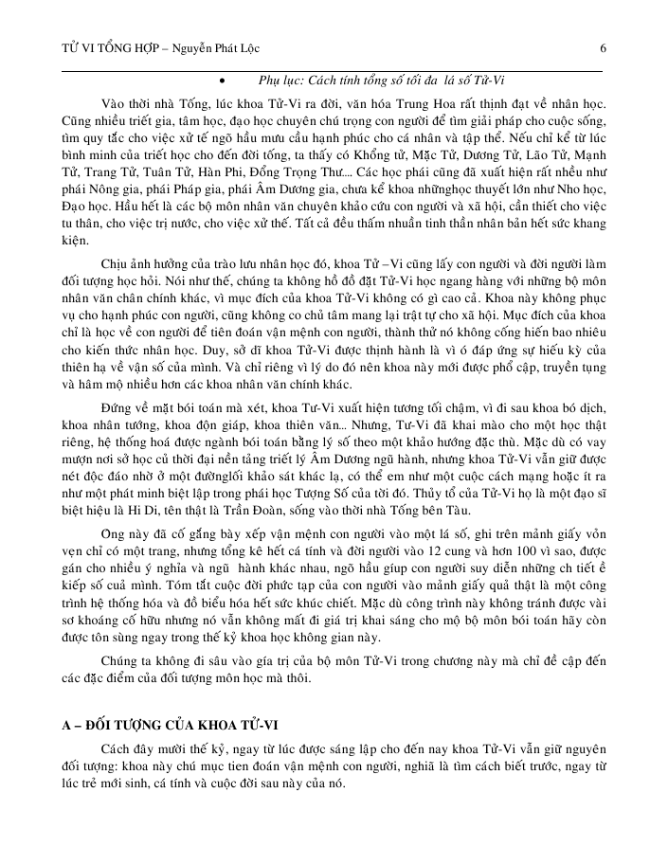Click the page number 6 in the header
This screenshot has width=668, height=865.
tap(604, 48)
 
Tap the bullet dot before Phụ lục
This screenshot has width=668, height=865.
tap(221, 82)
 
